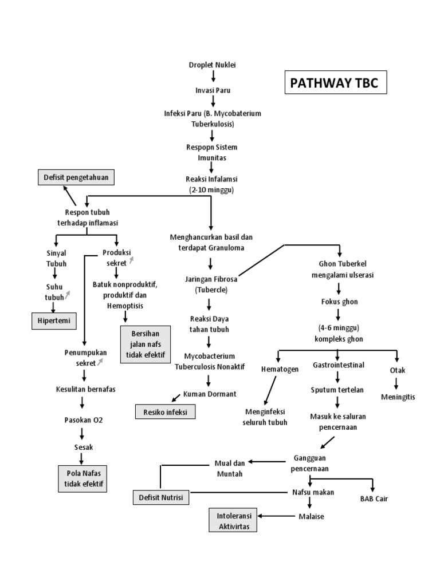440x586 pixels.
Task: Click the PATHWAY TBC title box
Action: pos(335,82)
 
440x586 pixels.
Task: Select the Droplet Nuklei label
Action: pos(213,65)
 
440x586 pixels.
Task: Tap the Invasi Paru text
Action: pos(213,90)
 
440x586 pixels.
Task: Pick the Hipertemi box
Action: pos(53,321)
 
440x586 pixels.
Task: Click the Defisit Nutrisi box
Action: pos(160,497)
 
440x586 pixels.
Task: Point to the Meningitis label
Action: pos(398,397)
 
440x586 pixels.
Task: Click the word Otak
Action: pos(398,370)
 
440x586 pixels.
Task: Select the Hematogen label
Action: pos(280,369)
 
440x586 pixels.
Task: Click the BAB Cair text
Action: pos(374,498)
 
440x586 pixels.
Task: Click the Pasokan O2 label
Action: pos(83,419)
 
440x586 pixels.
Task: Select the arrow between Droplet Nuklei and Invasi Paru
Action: pos(213,77)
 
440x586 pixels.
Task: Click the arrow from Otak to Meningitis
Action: pos(397,383)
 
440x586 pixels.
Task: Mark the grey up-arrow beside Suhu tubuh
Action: pos(68,295)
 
